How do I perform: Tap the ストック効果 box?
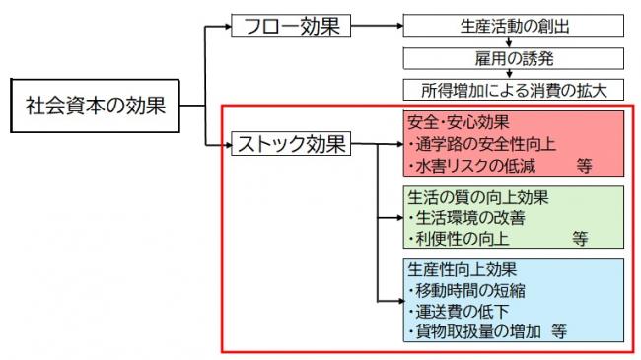coord(290,145)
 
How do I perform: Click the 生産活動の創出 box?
coord(514,25)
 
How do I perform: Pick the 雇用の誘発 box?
coord(514,57)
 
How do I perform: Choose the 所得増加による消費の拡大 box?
coord(514,90)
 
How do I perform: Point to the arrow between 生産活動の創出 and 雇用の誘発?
coord(514,41)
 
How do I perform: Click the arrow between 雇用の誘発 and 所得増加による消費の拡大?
coord(514,74)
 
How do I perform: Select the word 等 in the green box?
coord(579,238)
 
